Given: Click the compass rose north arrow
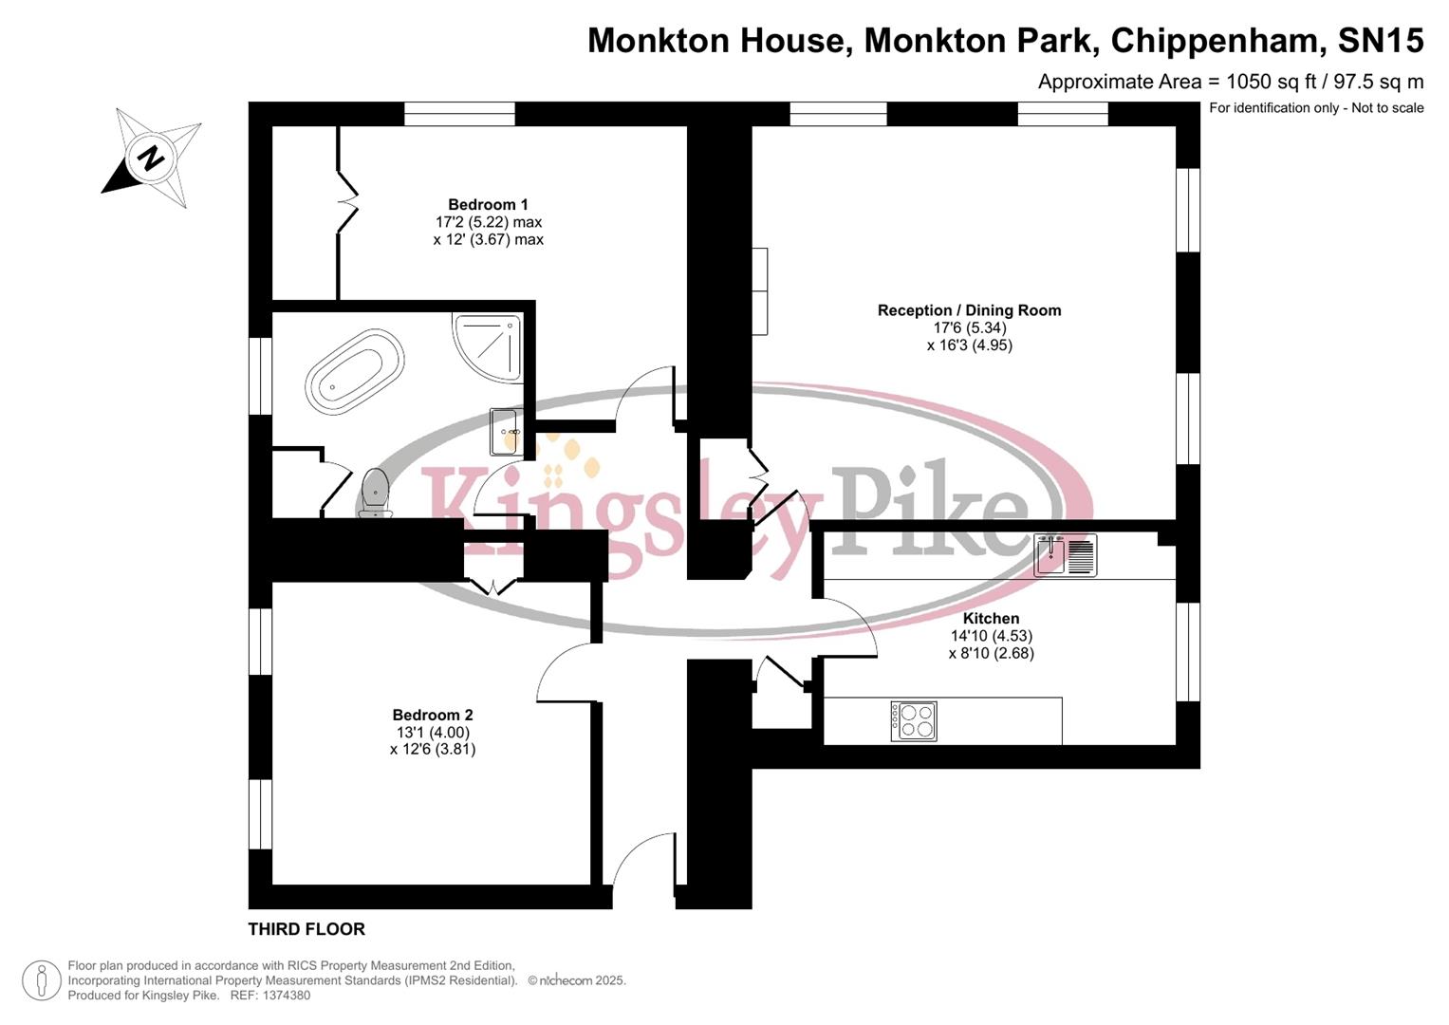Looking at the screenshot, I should [149, 158].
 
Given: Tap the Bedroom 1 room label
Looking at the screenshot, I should [488, 205].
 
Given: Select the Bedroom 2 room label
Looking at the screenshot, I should [433, 716].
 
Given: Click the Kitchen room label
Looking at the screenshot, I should [991, 619].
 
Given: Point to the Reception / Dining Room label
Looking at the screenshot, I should [969, 310].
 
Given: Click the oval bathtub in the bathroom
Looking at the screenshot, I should [355, 371].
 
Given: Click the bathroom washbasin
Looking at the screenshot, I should [505, 432].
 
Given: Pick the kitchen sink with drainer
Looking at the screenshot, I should [1065, 555].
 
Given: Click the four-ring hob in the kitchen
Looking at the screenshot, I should [914, 720].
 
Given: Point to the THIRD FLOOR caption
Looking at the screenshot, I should [307, 929].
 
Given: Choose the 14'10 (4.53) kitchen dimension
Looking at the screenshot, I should [991, 637].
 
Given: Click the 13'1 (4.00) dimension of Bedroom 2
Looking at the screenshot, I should [433, 733].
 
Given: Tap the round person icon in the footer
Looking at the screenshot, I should [41, 980].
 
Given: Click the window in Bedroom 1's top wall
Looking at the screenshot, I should [459, 115].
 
